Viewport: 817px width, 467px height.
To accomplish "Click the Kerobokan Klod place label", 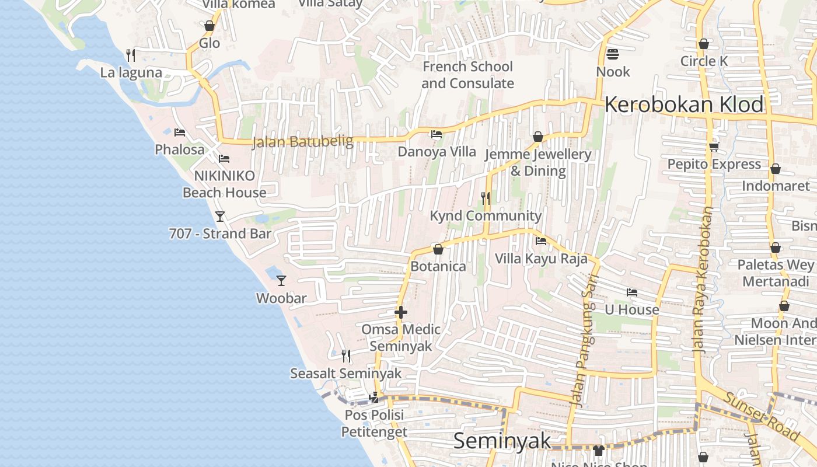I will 683,105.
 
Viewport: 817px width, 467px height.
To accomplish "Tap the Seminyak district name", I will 502,441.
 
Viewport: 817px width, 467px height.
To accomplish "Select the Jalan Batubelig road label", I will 303,142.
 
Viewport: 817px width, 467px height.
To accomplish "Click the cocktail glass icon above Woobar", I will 281,281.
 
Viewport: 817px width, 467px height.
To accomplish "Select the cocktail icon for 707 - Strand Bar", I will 220,217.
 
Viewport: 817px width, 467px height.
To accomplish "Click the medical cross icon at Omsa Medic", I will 401,313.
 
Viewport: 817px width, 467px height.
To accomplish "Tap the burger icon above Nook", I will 613,54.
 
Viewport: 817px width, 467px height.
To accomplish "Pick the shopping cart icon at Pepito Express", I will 714,147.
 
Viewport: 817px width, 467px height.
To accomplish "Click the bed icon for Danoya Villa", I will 436,134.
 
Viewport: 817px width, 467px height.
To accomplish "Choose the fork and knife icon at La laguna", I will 131,55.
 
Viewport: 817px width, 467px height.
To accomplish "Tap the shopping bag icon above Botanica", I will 438,249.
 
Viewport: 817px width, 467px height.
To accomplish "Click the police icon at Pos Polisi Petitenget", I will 374,398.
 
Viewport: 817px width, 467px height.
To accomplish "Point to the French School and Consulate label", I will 467,75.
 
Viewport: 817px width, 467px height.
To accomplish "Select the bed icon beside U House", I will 632,292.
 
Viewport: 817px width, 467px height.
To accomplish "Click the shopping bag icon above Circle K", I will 704,44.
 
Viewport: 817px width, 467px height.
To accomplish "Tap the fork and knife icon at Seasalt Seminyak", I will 346,356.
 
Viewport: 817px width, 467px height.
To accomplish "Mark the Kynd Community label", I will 486,215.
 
